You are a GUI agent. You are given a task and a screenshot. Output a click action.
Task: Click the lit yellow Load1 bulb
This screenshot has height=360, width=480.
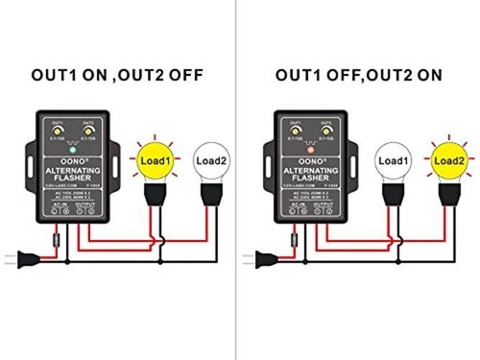(156, 160)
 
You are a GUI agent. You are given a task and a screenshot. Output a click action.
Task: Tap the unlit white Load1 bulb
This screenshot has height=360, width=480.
(393, 161)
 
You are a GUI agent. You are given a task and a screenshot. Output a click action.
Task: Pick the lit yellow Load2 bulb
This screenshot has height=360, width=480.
(448, 160)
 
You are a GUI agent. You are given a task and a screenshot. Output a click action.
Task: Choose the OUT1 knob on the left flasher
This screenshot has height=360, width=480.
(60, 132)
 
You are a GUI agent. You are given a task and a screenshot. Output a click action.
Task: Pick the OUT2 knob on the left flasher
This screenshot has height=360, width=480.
(89, 132)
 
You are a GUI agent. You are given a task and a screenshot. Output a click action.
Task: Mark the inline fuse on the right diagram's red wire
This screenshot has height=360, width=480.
(293, 233)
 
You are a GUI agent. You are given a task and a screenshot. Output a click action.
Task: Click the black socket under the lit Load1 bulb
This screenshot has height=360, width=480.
(156, 195)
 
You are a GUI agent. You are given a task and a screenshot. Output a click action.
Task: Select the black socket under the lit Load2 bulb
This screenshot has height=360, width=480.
(448, 195)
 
